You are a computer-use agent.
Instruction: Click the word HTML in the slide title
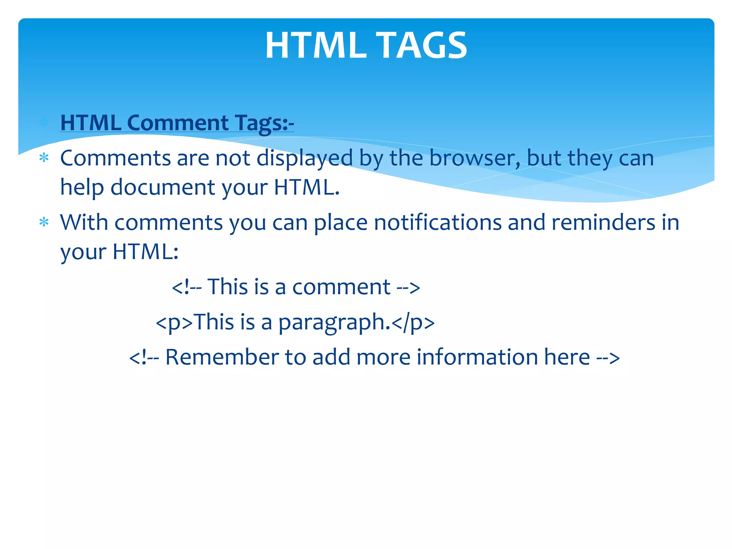316,45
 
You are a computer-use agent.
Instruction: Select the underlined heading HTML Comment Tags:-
177,123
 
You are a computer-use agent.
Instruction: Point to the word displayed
305,158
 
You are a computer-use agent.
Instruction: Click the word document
163,187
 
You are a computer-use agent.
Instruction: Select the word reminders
603,223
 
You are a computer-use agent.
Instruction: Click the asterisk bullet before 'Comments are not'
44,158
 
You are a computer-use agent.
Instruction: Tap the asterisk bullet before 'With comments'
44,222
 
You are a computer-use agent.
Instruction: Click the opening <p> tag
174,322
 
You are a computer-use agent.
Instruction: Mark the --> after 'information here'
608,357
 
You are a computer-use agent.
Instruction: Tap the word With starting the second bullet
84,223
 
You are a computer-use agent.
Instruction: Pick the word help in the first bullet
82,187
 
